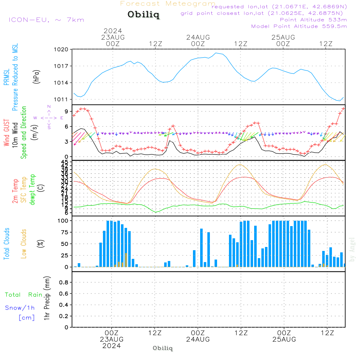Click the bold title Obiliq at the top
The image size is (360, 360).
[x=143, y=15]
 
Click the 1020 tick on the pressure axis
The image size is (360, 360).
[x=62, y=49]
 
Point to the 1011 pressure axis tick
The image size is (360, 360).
[x=62, y=99]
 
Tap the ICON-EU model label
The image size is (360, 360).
[x=46, y=20]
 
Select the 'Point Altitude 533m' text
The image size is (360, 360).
[x=313, y=20]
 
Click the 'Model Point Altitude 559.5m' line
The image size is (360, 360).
[x=299, y=26]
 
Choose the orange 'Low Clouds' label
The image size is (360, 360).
[x=24, y=243]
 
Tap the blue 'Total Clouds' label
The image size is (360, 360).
[x=7, y=243]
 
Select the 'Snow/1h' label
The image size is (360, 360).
[x=20, y=308]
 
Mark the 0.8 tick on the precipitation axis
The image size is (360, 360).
[x=63, y=283]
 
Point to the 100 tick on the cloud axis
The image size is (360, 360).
[x=62, y=221]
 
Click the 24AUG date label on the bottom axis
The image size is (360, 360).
[x=198, y=339]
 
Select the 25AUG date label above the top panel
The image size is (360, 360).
[x=283, y=37]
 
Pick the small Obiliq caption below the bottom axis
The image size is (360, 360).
[x=163, y=348]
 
